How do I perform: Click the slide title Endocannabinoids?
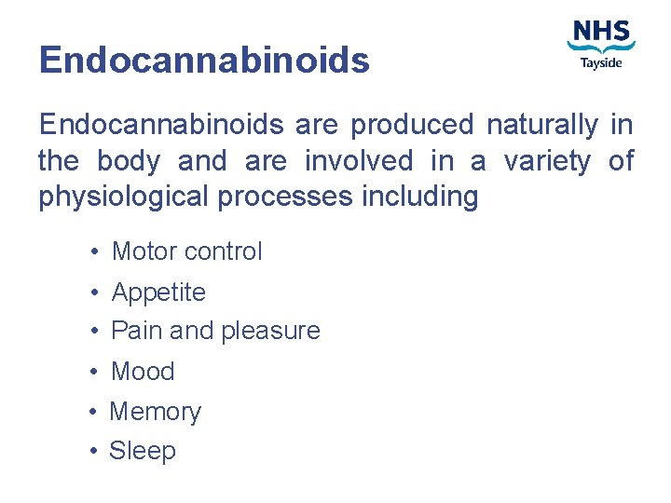tap(204, 61)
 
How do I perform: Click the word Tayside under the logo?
tap(601, 63)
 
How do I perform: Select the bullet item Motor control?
tap(186, 251)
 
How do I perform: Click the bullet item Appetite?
tap(158, 292)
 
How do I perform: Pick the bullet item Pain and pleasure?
tap(215, 331)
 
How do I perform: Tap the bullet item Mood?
tap(143, 371)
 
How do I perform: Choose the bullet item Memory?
tap(156, 411)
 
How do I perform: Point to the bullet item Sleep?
tap(143, 451)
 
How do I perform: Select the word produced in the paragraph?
tap(413, 124)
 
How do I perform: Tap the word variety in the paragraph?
tap(547, 161)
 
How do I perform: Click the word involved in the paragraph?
tap(359, 161)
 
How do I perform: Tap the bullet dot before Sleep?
tap(95, 452)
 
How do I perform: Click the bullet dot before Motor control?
tap(96, 251)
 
